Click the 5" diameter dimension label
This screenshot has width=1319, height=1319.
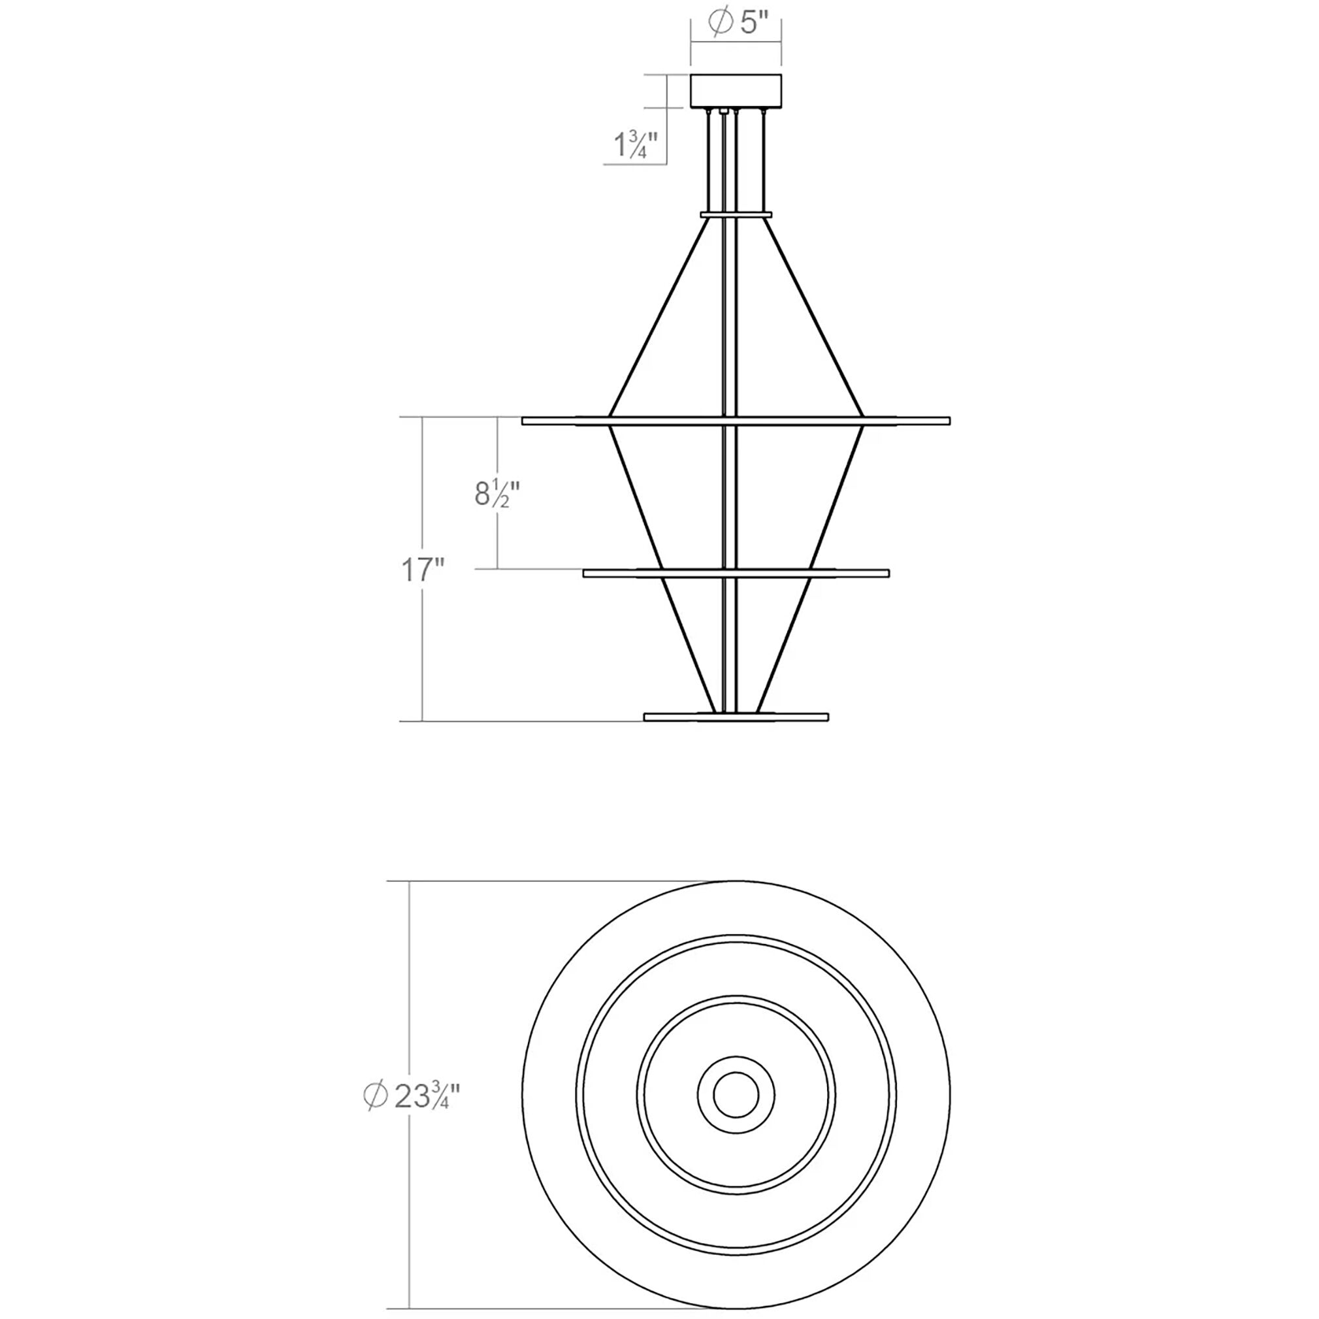741,24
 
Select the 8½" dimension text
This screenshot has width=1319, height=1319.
498,494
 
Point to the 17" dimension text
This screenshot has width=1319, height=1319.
423,570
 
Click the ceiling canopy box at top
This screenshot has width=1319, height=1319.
736,91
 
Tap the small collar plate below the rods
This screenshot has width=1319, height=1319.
736,214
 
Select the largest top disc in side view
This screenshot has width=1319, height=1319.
736,421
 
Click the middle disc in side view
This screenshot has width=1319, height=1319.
736,573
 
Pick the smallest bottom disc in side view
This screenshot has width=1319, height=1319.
736,717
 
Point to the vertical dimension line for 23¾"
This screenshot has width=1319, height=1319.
409,990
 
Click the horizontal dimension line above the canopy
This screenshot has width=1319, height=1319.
736,42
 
